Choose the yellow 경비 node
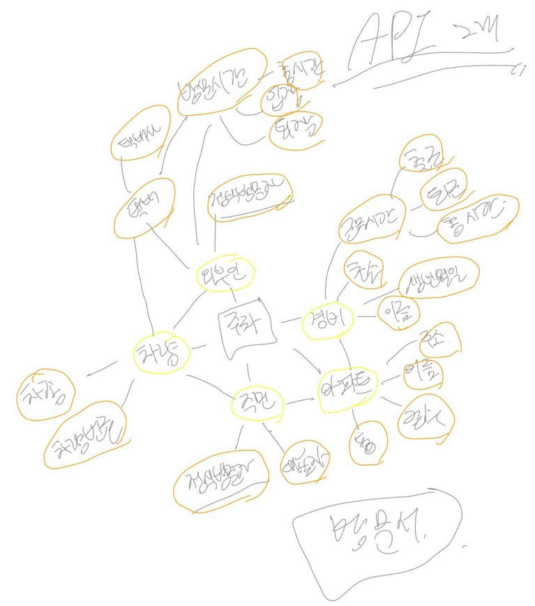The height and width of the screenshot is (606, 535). (x=328, y=323)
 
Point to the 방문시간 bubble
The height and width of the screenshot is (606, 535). (x=220, y=82)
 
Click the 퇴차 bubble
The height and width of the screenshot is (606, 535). (x=295, y=130)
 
